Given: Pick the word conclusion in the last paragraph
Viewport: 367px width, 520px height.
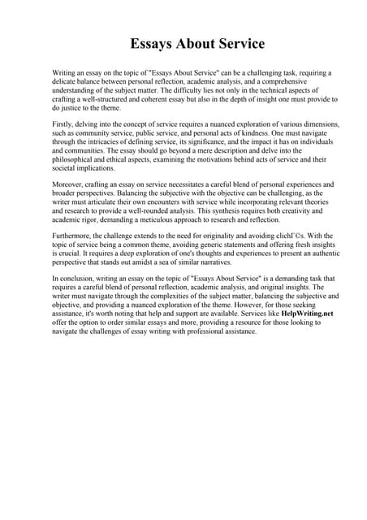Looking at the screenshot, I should (76, 277).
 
